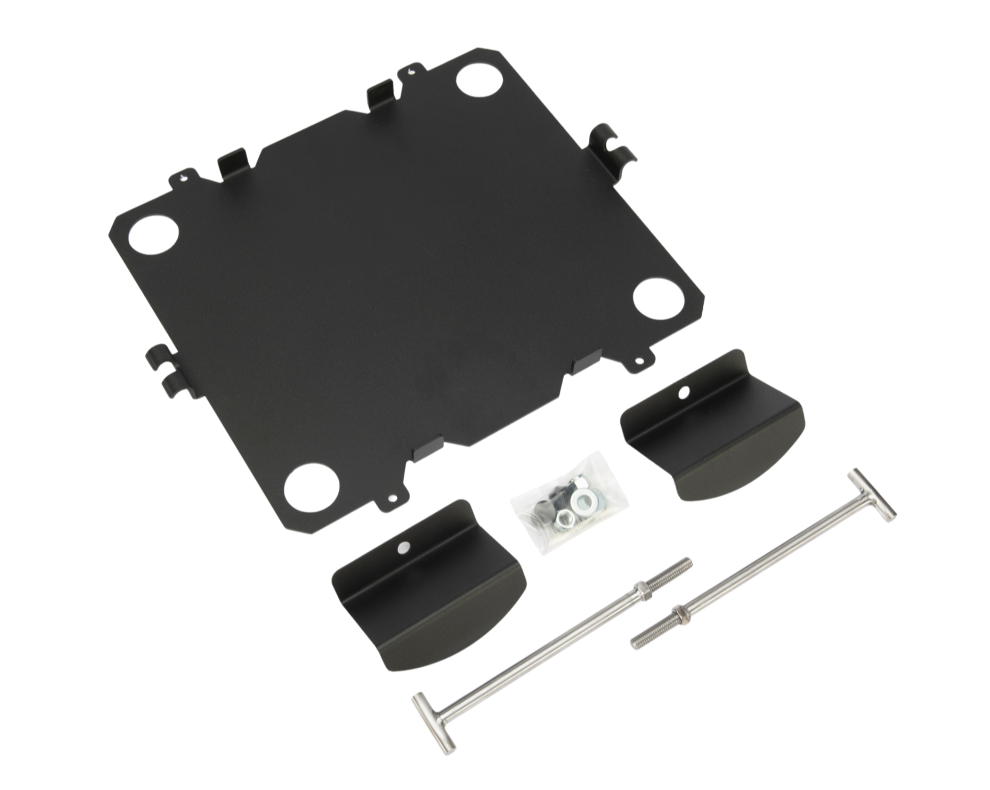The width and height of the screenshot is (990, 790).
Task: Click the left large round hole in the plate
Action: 154,234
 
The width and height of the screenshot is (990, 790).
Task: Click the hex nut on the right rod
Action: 679,612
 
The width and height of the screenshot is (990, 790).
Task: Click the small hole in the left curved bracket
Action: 401,549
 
